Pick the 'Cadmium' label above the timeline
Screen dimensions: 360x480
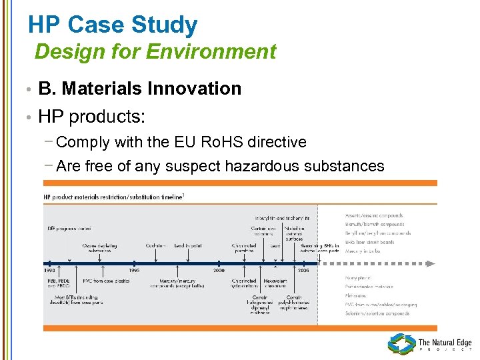point(156,245)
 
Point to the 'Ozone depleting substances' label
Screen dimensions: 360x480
point(100,248)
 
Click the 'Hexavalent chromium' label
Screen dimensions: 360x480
point(274,285)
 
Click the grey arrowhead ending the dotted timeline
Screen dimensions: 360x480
point(431,264)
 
